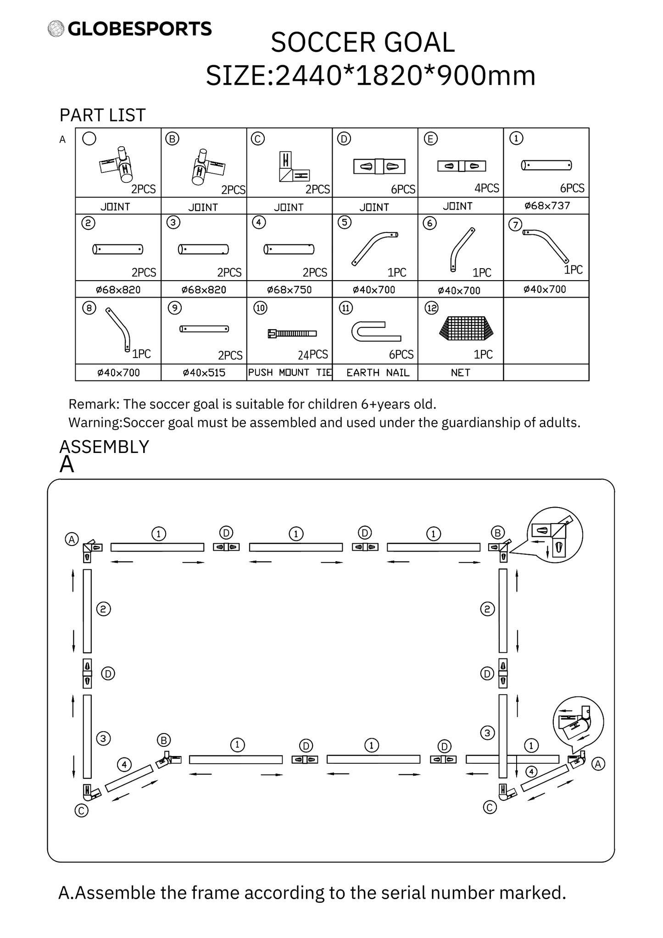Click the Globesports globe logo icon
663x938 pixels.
(x=56, y=28)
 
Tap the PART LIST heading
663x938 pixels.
(x=102, y=115)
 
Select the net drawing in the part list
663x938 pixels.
(x=467, y=328)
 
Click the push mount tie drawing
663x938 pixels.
(x=292, y=333)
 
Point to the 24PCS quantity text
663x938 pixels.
(x=313, y=354)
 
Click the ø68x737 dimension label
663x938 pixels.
(x=547, y=205)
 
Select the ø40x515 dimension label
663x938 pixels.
(x=204, y=373)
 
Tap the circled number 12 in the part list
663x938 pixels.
(x=432, y=308)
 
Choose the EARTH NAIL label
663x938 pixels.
(x=378, y=373)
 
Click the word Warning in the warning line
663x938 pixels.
(x=94, y=423)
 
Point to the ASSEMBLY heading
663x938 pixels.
(x=105, y=447)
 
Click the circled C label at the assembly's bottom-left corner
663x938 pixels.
(x=81, y=811)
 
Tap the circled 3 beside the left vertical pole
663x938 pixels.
(x=103, y=739)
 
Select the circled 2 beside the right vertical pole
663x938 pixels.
(x=487, y=609)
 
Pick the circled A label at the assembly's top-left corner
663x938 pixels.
(x=72, y=539)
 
